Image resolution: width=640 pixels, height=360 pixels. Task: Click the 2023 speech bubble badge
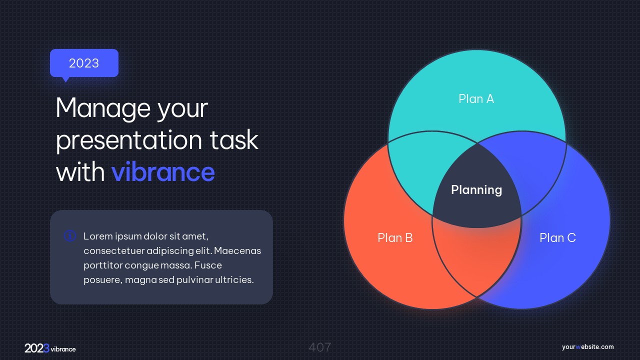84,63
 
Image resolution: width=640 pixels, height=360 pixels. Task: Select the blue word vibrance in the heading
163,171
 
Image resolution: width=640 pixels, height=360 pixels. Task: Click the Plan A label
476,99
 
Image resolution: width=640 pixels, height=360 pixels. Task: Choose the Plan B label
395,237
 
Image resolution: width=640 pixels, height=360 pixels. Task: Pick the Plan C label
557,237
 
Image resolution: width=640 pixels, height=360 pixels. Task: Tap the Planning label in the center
476,190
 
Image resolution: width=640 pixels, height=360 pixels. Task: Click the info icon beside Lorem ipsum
69,236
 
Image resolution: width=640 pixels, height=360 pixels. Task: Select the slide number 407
320,347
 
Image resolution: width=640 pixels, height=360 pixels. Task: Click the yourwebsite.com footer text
587,347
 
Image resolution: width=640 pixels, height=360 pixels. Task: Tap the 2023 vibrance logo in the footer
50,348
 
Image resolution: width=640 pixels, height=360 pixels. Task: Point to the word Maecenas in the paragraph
237,250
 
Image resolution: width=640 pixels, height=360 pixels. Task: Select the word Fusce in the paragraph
208,265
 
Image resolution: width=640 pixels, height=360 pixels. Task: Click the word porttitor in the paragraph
103,265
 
